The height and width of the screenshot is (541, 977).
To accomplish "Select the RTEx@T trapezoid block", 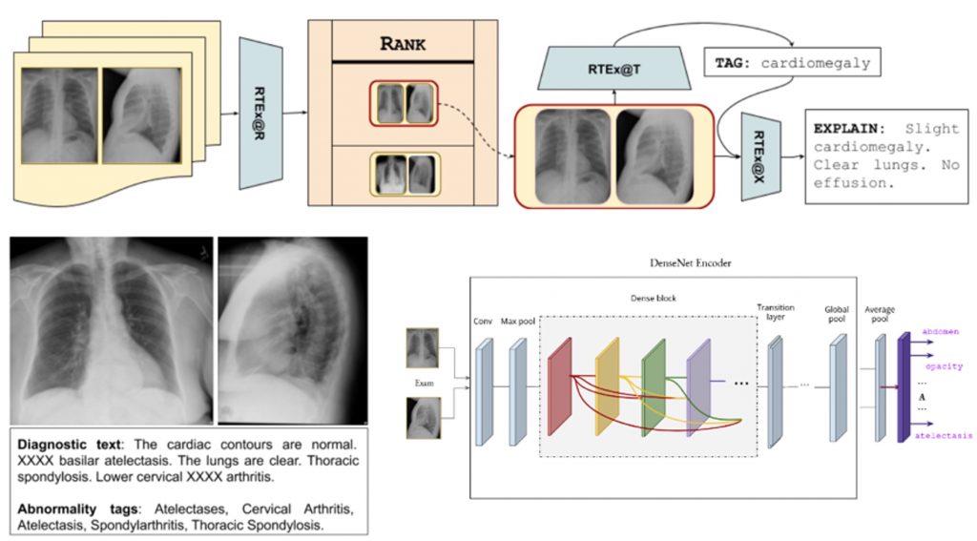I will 613,69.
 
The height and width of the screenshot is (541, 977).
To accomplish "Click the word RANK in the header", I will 402,43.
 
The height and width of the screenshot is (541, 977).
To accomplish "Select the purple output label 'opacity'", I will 944,365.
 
